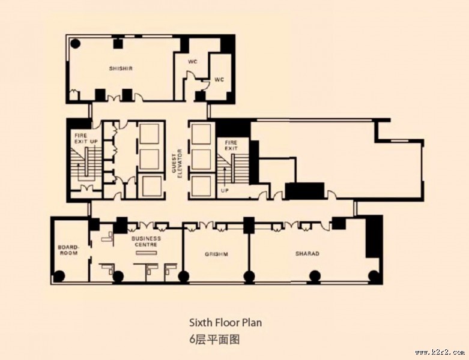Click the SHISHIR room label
click(x=121, y=68)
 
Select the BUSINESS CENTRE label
click(x=146, y=241)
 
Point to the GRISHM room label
click(x=216, y=254)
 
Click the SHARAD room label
click(x=307, y=254)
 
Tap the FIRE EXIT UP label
click(x=86, y=139)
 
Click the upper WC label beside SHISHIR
click(x=193, y=62)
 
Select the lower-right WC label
click(x=219, y=80)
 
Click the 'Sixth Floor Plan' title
click(x=226, y=323)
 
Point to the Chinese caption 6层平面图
click(x=214, y=340)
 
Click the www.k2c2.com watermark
click(x=440, y=353)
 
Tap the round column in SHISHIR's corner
click(x=75, y=44)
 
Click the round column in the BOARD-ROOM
click(x=59, y=276)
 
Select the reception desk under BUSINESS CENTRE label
click(x=147, y=253)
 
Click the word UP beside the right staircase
click(x=225, y=190)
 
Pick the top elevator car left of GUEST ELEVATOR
click(x=149, y=134)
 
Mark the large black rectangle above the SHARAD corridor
click(x=304, y=191)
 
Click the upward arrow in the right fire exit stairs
click(x=225, y=176)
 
